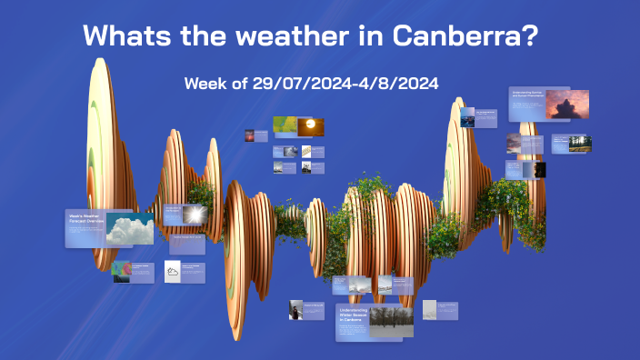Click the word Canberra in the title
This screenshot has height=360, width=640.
pyautogui.click(x=466, y=36)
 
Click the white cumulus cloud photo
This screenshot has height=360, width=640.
pyautogui.click(x=130, y=229)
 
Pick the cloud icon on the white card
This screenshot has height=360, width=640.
pyautogui.click(x=173, y=271)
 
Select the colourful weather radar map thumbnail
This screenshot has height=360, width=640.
pyautogui.click(x=121, y=272)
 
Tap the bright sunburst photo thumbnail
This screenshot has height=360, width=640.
pyautogui.click(x=195, y=214)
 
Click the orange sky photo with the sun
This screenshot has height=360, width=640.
pyautogui.click(x=311, y=125)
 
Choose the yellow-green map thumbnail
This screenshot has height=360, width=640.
pyautogui.click(x=285, y=125)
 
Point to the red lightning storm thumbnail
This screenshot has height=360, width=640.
pyautogui.click(x=250, y=135)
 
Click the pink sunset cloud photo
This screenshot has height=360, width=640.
pyautogui.click(x=567, y=105)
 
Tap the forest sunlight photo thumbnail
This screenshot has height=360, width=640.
pyautogui.click(x=580, y=144)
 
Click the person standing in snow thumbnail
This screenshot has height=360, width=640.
pyautogui.click(x=295, y=310)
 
